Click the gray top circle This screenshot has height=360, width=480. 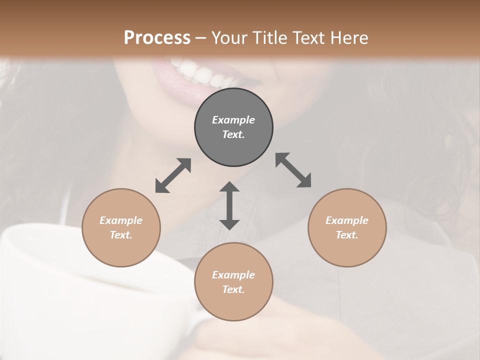point(233,127)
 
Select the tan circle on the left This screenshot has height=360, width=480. point(121,227)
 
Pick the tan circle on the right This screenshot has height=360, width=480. point(347,227)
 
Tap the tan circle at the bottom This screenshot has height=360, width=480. point(233,282)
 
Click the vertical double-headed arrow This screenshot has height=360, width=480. point(229,205)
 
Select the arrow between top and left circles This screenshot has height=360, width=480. point(173,175)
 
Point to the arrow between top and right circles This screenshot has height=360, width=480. point(293,170)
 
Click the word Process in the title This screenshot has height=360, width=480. point(157,38)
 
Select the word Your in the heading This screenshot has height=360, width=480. point(228,38)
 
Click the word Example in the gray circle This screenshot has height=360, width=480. point(233,120)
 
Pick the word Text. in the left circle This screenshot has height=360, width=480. point(121,235)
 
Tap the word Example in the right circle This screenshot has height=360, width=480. point(347,220)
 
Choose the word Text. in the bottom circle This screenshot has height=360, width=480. point(233,289)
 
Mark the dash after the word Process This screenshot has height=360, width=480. point(200,38)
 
